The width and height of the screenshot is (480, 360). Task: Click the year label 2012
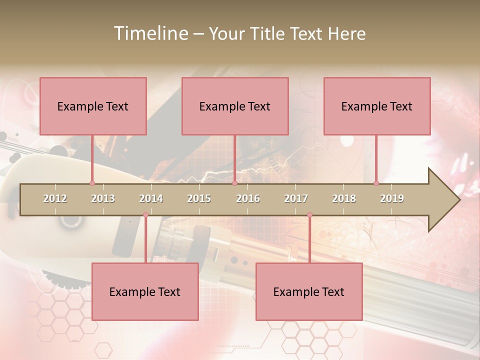click(55, 198)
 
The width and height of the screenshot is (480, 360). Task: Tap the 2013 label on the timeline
click(103, 198)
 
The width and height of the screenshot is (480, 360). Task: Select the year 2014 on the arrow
click(151, 198)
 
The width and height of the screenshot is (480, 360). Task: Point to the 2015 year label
click(199, 198)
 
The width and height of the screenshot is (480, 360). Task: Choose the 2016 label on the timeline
click(248, 198)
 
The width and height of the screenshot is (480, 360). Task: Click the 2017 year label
click(296, 198)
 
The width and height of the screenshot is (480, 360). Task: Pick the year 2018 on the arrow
click(344, 198)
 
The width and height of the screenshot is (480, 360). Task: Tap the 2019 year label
click(392, 198)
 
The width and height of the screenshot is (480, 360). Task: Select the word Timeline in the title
click(150, 33)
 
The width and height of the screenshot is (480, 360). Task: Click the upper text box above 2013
click(93, 106)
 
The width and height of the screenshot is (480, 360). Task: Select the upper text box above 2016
click(235, 106)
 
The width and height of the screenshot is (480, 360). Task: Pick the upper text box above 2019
click(377, 106)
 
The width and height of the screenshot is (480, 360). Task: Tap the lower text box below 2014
click(145, 291)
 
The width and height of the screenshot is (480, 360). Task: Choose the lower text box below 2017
click(309, 291)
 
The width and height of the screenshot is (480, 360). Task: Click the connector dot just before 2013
click(92, 183)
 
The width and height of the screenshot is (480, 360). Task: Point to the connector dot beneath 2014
click(145, 215)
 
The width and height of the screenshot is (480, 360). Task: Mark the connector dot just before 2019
click(376, 183)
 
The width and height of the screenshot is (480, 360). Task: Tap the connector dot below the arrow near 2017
click(309, 215)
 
